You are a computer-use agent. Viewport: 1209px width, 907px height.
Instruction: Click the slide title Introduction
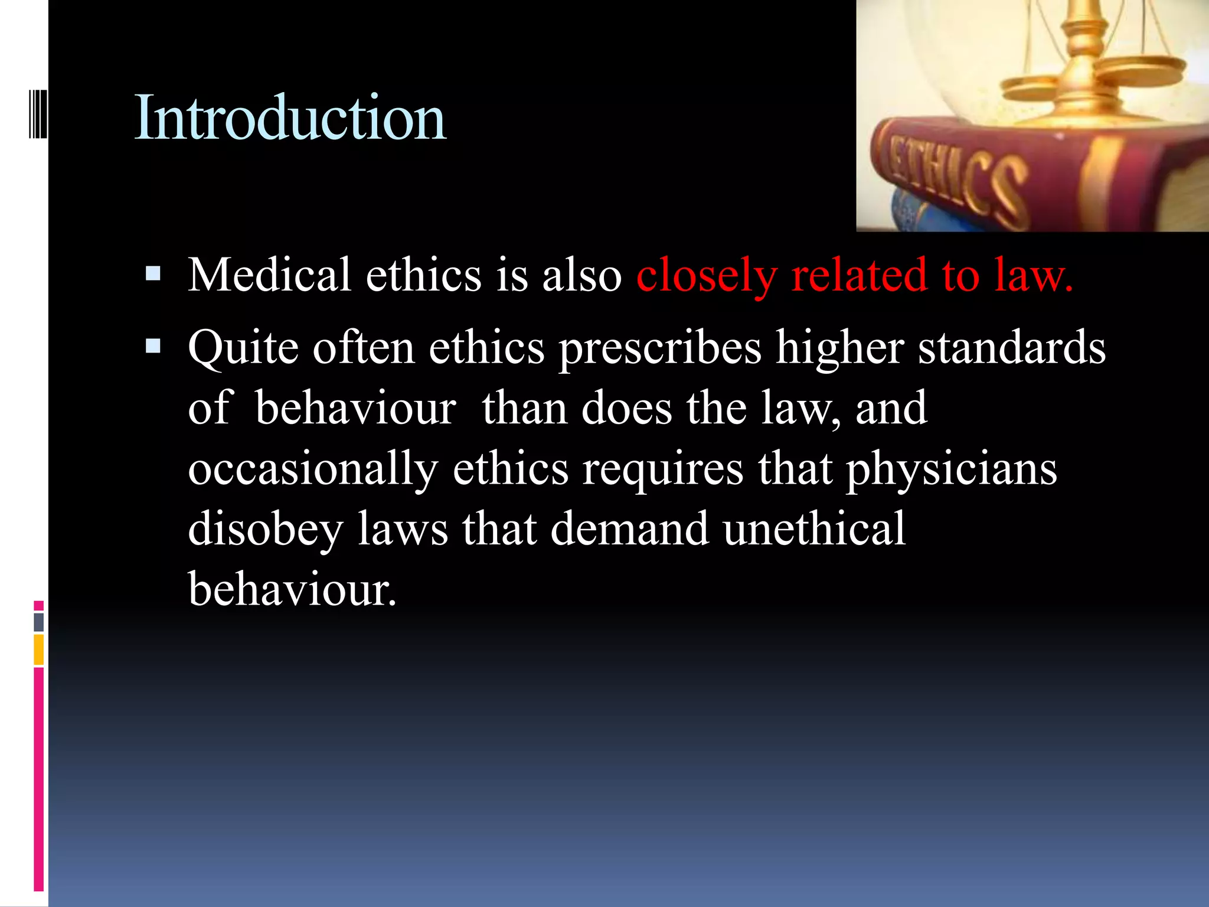tap(290, 118)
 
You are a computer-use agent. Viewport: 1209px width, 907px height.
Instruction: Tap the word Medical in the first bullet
tap(269, 275)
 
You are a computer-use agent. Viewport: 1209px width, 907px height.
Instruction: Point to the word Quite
tap(243, 348)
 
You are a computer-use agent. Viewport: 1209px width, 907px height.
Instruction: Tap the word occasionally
tap(313, 469)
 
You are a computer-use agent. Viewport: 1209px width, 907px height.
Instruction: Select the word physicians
tap(952, 469)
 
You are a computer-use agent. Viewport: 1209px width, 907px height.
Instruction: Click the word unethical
tap(815, 528)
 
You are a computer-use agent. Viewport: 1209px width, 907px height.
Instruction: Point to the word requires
tap(662, 471)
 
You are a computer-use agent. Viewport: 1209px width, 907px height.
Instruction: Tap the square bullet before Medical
tap(153, 273)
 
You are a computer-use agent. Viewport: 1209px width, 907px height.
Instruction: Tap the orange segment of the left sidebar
tap(39, 650)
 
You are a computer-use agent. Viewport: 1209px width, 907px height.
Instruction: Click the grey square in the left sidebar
tap(39, 622)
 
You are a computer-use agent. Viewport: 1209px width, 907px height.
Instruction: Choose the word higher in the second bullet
tap(839, 348)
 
